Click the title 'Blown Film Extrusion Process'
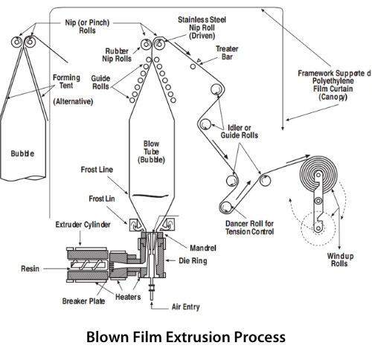tap(186, 336)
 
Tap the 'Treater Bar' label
tap(226, 53)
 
